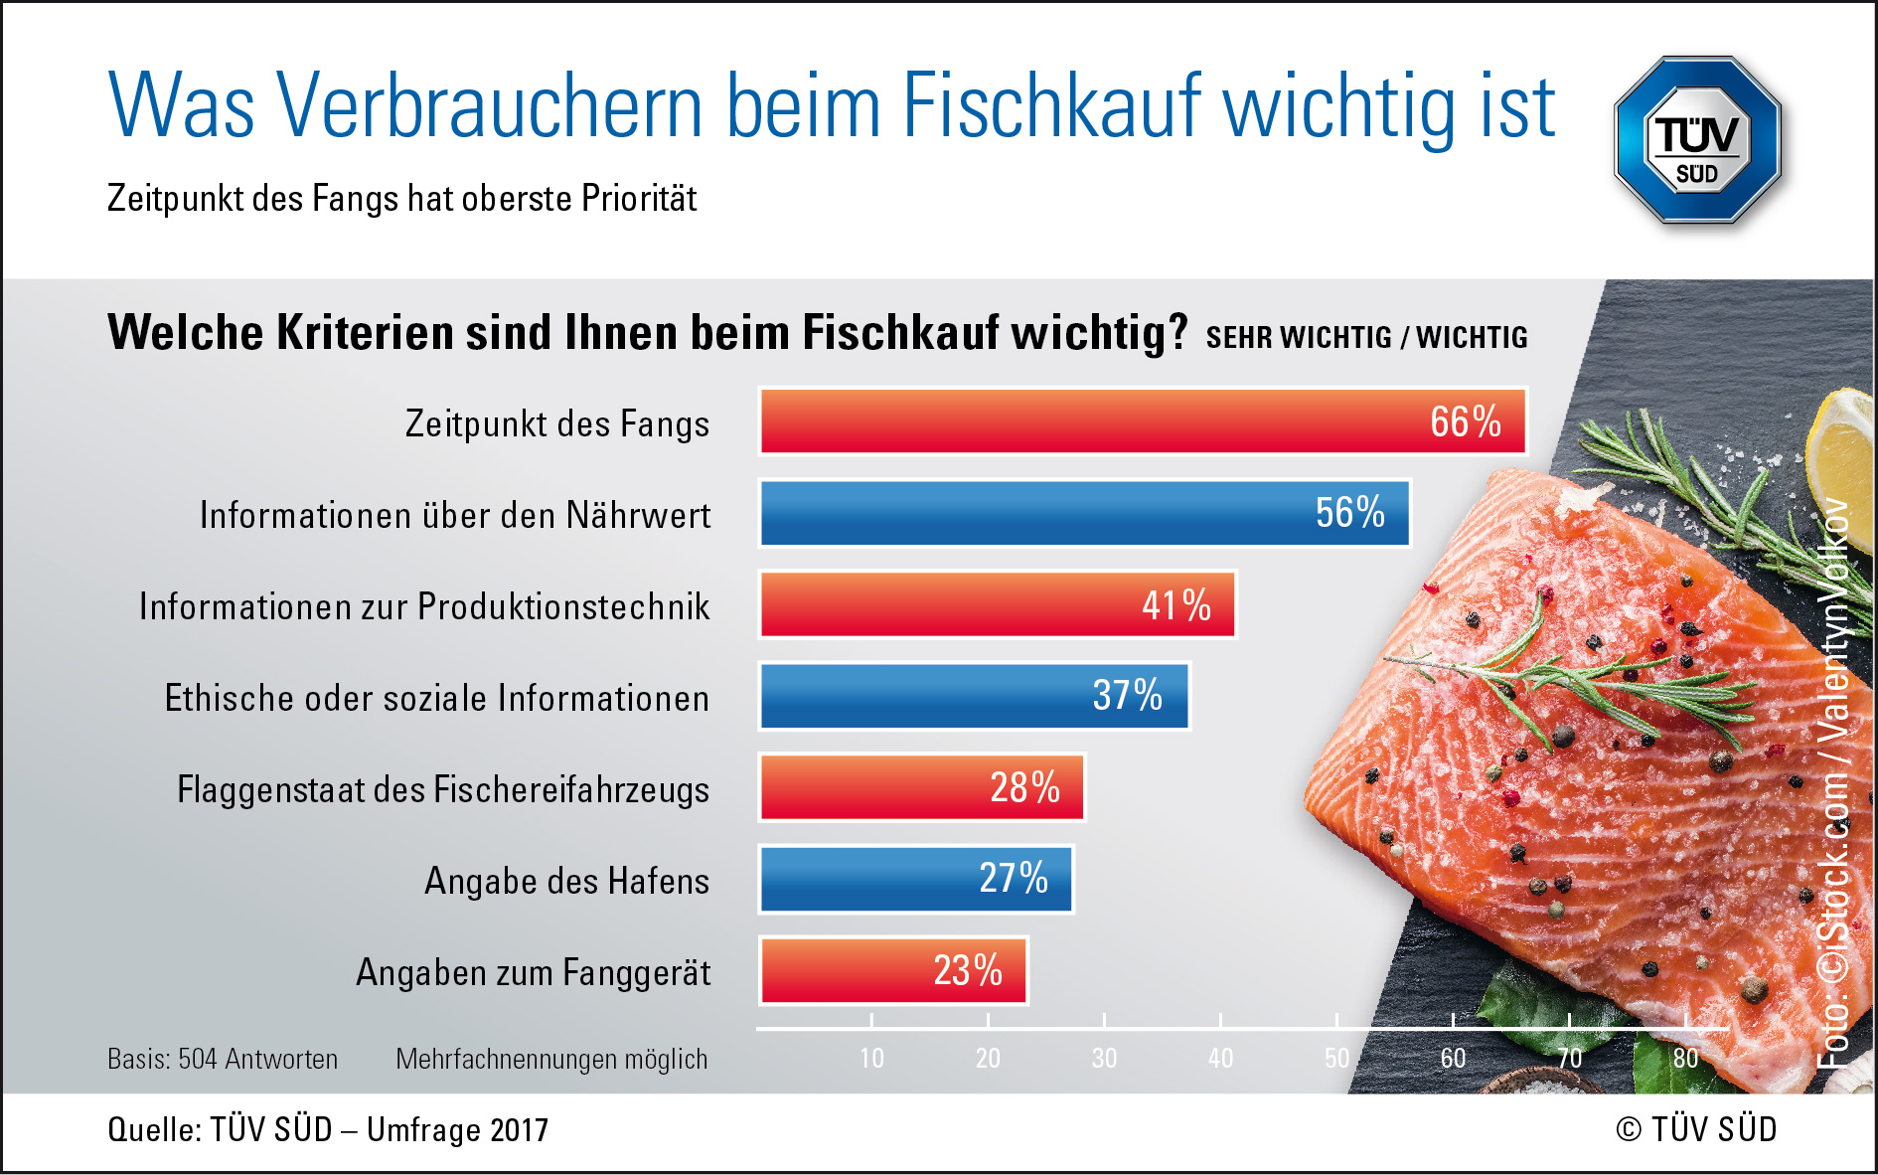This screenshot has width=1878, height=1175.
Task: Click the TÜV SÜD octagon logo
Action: (1697, 139)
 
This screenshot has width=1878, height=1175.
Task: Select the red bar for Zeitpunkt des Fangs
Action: (1143, 421)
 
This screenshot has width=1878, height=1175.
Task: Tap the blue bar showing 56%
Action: (1084, 513)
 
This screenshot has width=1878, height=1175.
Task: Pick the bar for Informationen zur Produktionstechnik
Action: (997, 604)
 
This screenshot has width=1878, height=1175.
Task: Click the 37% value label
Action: (1127, 696)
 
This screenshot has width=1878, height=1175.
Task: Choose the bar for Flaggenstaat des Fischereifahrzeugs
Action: (921, 787)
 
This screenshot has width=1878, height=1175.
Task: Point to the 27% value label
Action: (1014, 879)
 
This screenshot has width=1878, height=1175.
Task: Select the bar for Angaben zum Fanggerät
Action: (892, 970)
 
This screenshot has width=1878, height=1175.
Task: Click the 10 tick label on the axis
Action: (871, 1059)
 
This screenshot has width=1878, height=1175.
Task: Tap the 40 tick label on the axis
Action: (1220, 1059)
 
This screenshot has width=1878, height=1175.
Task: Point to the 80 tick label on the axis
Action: (1685, 1059)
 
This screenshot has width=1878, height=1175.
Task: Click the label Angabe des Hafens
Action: (566, 882)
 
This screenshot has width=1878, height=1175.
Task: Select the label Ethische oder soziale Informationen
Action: (436, 699)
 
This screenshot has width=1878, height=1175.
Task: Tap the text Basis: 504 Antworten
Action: (223, 1060)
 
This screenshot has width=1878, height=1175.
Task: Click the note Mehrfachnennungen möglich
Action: (551, 1060)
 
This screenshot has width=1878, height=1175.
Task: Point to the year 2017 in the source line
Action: (519, 1130)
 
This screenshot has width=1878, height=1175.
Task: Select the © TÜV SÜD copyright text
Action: (1696, 1130)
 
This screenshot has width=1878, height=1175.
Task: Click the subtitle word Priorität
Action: (639, 199)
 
